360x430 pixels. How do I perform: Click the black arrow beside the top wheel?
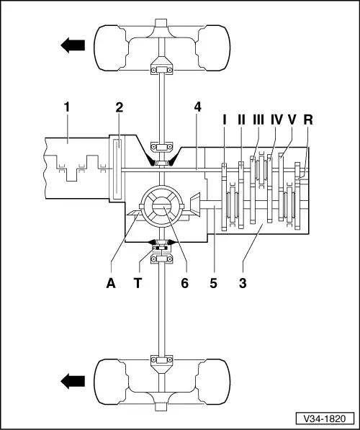click(x=72, y=45)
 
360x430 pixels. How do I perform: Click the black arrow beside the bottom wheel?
click(x=72, y=376)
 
